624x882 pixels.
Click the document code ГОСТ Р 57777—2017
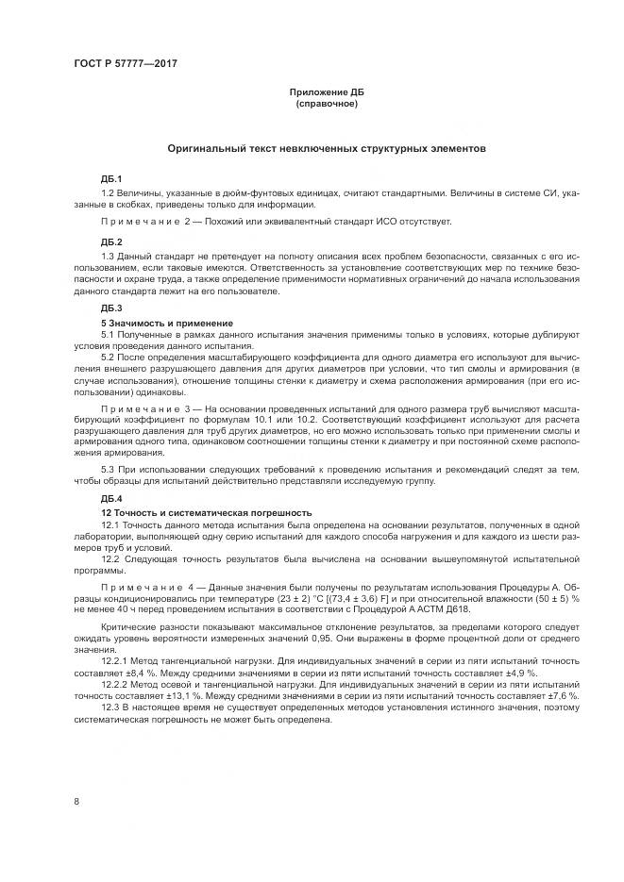tap(126, 63)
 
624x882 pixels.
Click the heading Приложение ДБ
tap(326, 92)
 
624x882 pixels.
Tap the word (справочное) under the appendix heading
tap(326, 103)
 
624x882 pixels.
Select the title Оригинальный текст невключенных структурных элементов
tap(326, 148)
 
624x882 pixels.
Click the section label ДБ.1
tap(111, 179)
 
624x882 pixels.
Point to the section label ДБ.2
tap(111, 241)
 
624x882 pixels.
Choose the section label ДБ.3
tap(111, 308)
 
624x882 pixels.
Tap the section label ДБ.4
tap(111, 497)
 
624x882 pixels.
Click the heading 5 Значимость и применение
tap(154, 323)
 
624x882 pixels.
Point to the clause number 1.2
tap(109, 193)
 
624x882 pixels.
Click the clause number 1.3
tap(109, 256)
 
